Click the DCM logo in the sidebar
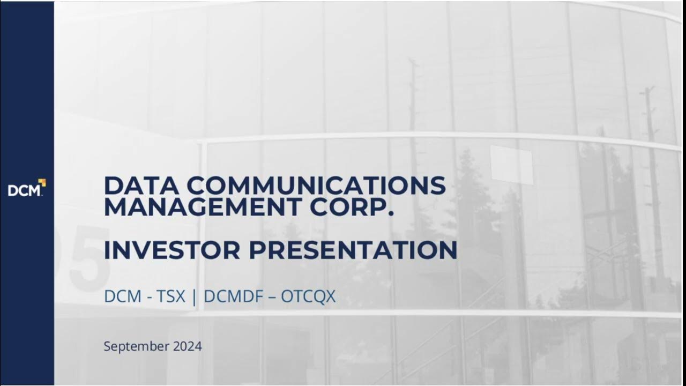click(x=26, y=189)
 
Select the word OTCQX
click(x=308, y=296)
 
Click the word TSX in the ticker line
click(x=171, y=296)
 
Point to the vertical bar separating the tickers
click(x=196, y=296)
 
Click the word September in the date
click(x=136, y=346)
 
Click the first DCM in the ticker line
click(x=122, y=296)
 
